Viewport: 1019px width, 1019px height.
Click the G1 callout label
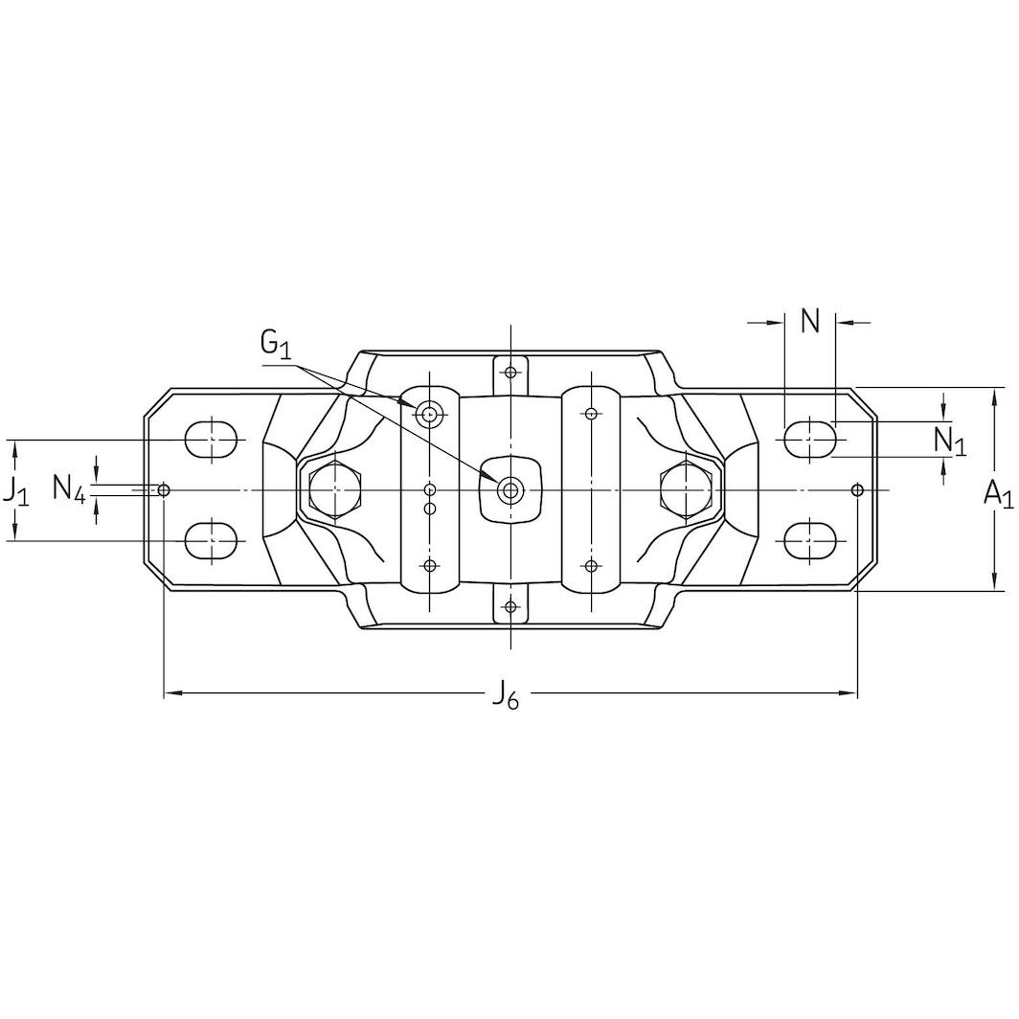tap(275, 343)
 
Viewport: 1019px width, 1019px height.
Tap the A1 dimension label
tap(998, 492)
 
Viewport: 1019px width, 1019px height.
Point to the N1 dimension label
tap(950, 441)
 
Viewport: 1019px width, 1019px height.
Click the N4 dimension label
tap(70, 490)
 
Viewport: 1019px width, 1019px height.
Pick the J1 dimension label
tap(15, 491)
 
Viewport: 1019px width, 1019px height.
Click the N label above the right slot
tap(810, 322)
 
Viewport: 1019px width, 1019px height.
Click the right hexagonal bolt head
tap(686, 491)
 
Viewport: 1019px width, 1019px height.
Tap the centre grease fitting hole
tap(510, 491)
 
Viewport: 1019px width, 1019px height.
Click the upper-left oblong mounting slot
tap(212, 440)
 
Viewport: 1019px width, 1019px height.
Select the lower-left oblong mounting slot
tap(212, 541)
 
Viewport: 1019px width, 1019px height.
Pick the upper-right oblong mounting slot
tap(810, 440)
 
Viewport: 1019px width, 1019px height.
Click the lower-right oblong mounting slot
tap(810, 541)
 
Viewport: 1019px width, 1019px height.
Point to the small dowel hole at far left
tap(165, 490)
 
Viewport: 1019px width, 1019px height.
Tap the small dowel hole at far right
tap(857, 490)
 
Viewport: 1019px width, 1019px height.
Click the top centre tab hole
tap(510, 371)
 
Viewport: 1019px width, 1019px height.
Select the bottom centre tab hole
tap(510, 607)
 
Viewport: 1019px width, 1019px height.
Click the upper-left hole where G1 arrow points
tap(429, 414)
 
